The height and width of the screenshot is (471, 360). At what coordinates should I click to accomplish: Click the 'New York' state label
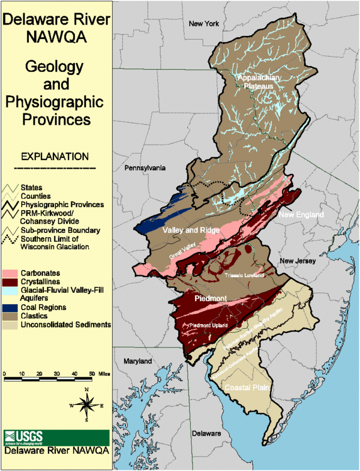coord(205,23)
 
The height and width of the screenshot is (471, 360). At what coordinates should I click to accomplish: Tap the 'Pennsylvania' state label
coord(145,169)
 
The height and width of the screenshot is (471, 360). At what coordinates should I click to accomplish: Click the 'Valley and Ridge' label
coord(191,230)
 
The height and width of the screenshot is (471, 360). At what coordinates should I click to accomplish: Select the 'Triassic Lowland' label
coord(244,275)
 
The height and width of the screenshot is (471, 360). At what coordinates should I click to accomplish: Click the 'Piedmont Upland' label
coord(208,325)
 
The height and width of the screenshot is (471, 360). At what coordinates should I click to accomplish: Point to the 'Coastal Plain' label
coord(246,388)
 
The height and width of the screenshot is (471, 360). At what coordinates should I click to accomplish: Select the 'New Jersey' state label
coord(295,261)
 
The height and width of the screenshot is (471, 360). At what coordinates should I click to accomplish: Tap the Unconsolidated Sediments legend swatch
coord(11,325)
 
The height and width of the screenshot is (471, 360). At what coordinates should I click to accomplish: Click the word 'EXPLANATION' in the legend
coord(55,157)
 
